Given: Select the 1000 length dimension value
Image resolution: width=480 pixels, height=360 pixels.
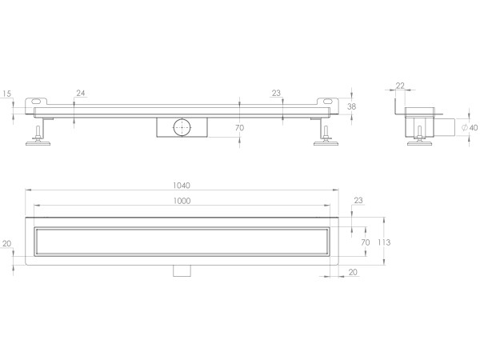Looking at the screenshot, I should [182, 201].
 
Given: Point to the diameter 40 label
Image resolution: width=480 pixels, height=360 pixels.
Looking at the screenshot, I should [470, 127].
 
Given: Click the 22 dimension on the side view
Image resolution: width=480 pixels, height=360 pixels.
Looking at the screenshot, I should [400, 86].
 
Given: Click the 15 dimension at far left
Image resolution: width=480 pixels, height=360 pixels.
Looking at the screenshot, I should [7, 94].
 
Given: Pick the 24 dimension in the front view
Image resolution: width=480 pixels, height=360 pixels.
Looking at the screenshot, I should [81, 94].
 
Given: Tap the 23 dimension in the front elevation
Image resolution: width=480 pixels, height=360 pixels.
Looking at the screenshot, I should [276, 94].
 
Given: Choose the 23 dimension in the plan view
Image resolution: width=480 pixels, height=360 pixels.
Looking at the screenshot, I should [358, 201].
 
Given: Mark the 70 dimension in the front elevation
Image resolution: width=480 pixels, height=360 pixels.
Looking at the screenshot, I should [240, 127].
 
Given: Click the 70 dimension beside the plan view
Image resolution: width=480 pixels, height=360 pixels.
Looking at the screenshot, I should [366, 242].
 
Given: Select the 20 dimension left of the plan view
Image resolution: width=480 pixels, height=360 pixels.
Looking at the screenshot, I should [7, 244].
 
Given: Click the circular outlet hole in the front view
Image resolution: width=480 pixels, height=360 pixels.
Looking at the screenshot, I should [181, 126].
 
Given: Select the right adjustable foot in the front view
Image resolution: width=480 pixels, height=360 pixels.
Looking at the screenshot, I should [325, 136].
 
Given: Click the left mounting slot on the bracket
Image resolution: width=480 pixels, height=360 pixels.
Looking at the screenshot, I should [37, 102].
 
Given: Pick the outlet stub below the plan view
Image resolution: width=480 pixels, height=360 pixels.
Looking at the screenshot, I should [182, 270].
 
